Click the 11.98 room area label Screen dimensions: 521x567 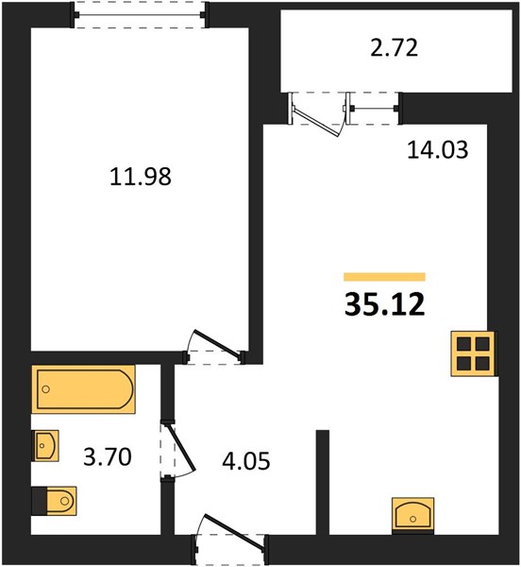[x=141, y=177]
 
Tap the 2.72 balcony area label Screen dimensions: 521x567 [x=395, y=48]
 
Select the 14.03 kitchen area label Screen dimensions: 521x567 [x=438, y=149]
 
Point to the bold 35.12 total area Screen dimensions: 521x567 [x=384, y=304]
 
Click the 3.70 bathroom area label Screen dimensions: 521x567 [x=108, y=456]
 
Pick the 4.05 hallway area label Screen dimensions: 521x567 [x=246, y=461]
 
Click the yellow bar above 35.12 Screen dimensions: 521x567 [x=384, y=277]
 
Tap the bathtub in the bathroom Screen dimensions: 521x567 [x=83, y=389]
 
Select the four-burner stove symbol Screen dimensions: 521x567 [x=474, y=353]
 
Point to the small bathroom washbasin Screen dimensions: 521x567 [x=45, y=445]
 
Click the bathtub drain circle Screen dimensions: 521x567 [x=45, y=389]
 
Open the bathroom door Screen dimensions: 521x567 [x=179, y=448]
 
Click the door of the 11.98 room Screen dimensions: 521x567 [x=217, y=346]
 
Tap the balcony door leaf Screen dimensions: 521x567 [x=316, y=120]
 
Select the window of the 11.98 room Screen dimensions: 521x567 [x=140, y=15]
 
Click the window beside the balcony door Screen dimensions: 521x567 [x=374, y=108]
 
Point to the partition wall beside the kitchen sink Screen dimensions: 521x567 [x=323, y=482]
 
